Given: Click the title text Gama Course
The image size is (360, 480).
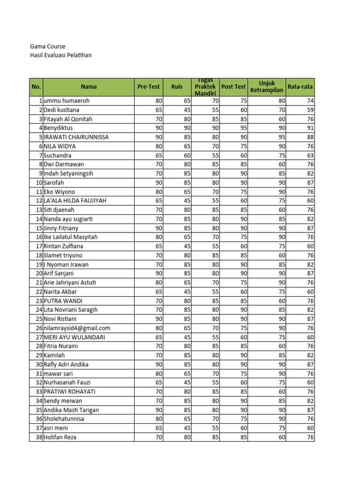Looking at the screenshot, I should [x=47, y=46].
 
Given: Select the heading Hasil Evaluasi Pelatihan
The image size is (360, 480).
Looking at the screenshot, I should [x=60, y=55].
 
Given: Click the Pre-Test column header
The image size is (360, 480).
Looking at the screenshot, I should [x=149, y=87].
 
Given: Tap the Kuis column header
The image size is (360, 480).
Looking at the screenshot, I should [x=177, y=87].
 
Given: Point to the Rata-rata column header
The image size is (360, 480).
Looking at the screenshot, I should [x=300, y=87].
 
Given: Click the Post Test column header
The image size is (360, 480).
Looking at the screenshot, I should [x=233, y=87].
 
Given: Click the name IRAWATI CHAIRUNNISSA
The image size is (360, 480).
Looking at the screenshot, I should [x=76, y=137].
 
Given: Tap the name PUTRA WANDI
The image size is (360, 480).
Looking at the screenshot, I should [x=63, y=301].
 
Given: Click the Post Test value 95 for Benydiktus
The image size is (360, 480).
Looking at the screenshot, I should [x=244, y=128].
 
